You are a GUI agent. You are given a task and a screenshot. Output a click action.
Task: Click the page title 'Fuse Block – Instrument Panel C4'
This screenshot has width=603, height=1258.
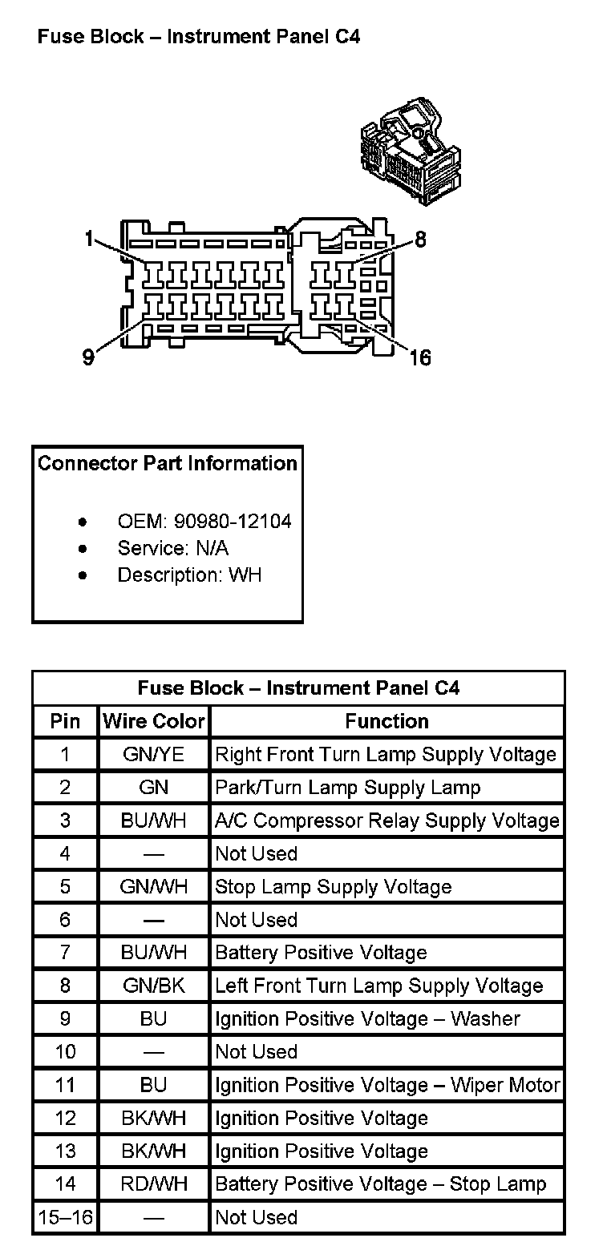pos(198,37)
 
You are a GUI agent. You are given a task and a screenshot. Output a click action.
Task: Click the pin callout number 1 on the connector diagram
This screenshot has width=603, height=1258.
pos(89,238)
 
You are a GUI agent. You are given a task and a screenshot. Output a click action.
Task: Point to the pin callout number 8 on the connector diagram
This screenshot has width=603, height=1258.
pos(420,239)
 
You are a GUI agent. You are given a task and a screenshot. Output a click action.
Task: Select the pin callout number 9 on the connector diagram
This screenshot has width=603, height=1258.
pos(88,357)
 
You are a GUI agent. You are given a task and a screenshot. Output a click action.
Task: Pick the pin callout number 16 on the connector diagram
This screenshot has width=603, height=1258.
pos(419,357)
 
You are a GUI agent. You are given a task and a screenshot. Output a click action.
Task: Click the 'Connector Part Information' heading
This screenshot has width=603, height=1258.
pos(168,463)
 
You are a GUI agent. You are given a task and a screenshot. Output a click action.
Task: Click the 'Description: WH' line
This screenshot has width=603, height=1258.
pos(189,575)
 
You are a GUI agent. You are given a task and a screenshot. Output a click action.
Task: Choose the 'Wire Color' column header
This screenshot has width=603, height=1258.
pos(154,721)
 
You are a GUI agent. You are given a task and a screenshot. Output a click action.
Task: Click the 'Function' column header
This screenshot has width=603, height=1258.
pos(386,721)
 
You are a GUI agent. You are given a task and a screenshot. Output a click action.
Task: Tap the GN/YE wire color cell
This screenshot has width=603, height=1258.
pos(154,754)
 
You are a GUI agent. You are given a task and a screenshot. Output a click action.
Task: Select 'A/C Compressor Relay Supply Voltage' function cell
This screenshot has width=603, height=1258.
pos(386,821)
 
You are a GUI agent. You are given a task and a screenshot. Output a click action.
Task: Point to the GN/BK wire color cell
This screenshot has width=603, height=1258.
pos(154,986)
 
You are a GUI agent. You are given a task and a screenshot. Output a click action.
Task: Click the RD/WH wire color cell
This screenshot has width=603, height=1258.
pos(154,1183)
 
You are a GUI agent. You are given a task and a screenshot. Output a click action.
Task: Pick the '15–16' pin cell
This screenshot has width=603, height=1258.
pos(65,1217)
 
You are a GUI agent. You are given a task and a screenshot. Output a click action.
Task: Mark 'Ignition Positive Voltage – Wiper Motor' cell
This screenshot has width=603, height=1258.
pos(386,1085)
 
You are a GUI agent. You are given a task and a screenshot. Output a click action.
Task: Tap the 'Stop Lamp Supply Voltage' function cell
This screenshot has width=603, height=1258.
pos(334,887)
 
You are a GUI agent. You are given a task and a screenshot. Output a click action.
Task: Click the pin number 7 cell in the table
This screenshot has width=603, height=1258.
pos(65,953)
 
